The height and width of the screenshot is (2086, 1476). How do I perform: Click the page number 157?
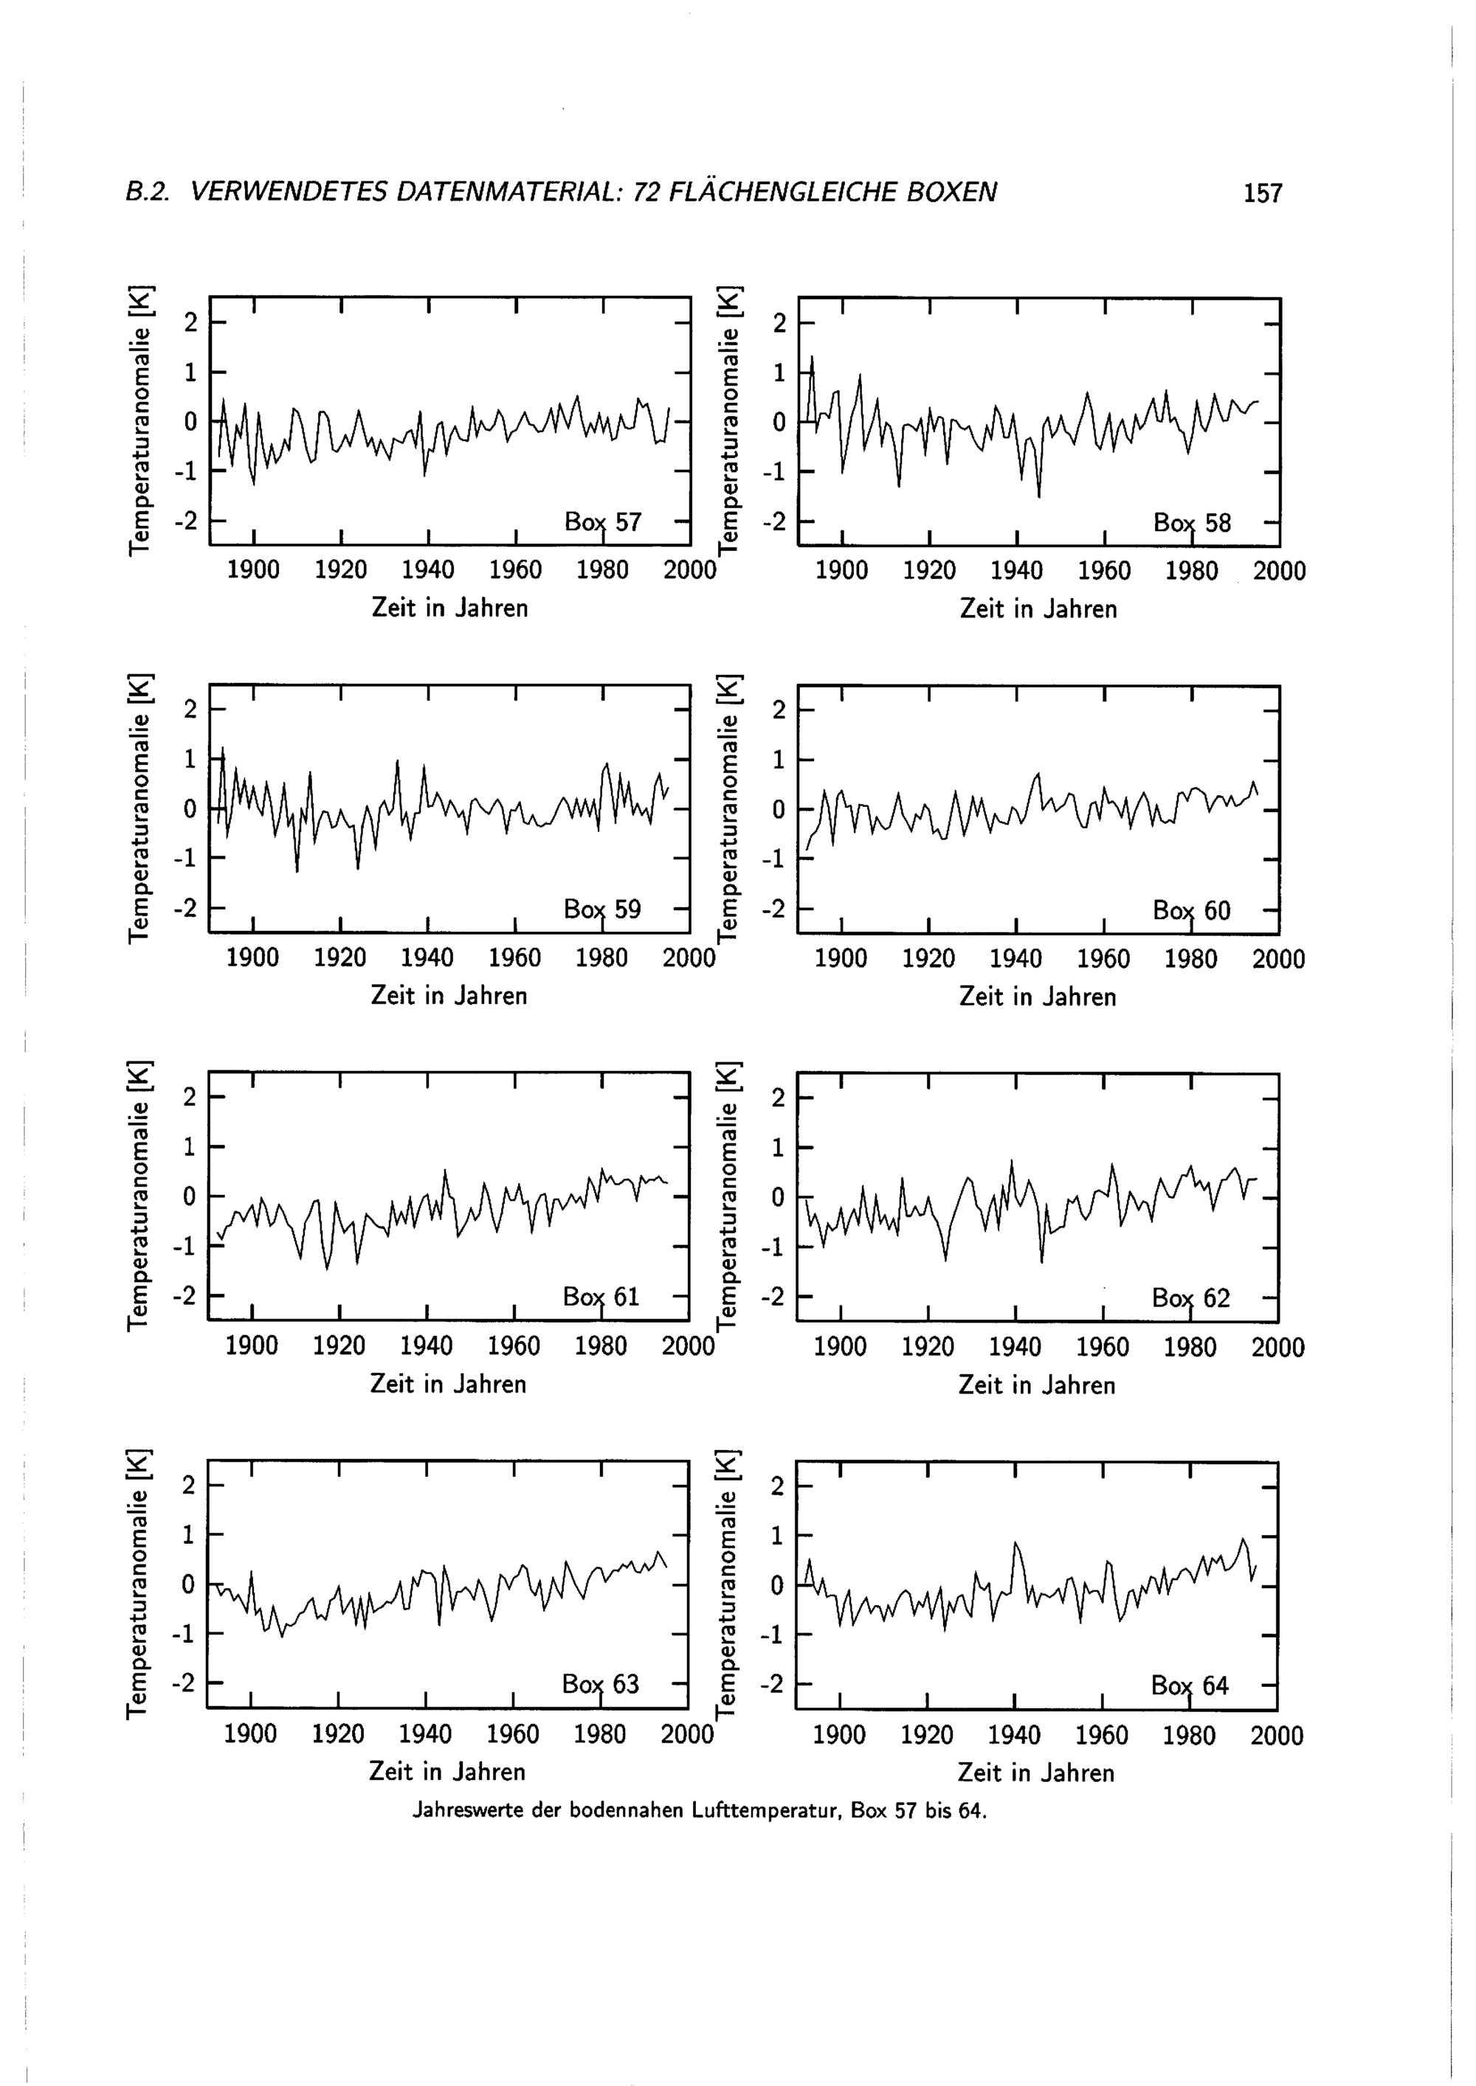1263,193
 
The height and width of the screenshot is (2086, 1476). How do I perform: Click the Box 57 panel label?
603,522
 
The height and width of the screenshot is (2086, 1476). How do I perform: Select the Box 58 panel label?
1192,523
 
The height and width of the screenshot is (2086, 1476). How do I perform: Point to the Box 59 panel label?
601,909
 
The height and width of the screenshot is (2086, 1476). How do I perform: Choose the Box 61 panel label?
601,1297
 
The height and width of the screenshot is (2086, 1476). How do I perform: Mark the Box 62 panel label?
1190,1298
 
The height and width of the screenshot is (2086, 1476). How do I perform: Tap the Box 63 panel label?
600,1685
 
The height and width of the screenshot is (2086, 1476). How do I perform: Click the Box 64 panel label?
1189,1686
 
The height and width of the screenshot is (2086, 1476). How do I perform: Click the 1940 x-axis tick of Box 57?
428,571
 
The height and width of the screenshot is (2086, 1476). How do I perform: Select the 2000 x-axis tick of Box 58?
1280,572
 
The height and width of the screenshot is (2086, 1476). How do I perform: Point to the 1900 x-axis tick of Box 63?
250,1734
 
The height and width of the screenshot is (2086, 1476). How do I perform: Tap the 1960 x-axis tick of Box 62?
1103,1348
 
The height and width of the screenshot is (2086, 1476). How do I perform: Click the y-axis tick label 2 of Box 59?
190,710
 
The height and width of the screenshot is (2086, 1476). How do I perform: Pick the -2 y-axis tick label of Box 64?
772,1685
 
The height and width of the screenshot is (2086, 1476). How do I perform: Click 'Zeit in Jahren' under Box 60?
1037,997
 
